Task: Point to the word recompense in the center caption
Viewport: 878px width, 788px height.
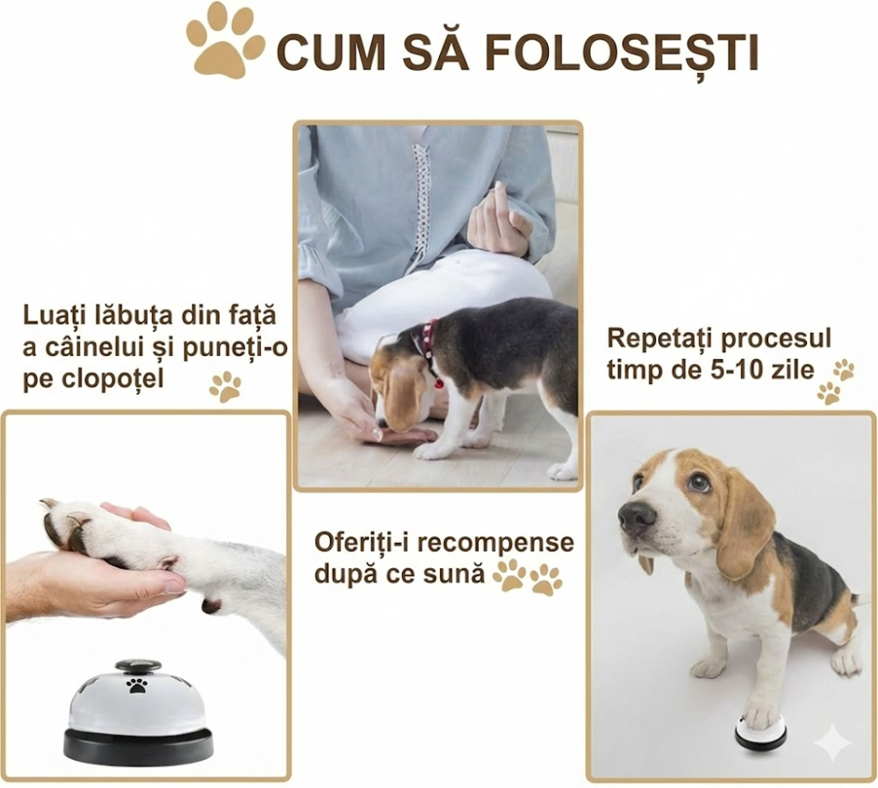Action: (495, 542)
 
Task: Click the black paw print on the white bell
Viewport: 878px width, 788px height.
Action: (137, 685)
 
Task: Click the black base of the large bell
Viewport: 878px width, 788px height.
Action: (138, 748)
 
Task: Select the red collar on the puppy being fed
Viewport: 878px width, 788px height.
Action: (428, 346)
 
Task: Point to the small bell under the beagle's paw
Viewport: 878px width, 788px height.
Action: (760, 731)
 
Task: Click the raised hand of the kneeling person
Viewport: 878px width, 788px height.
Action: (497, 220)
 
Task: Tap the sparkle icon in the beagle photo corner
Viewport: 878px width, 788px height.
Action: (831, 745)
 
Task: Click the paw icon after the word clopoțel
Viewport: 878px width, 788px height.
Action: (226, 386)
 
